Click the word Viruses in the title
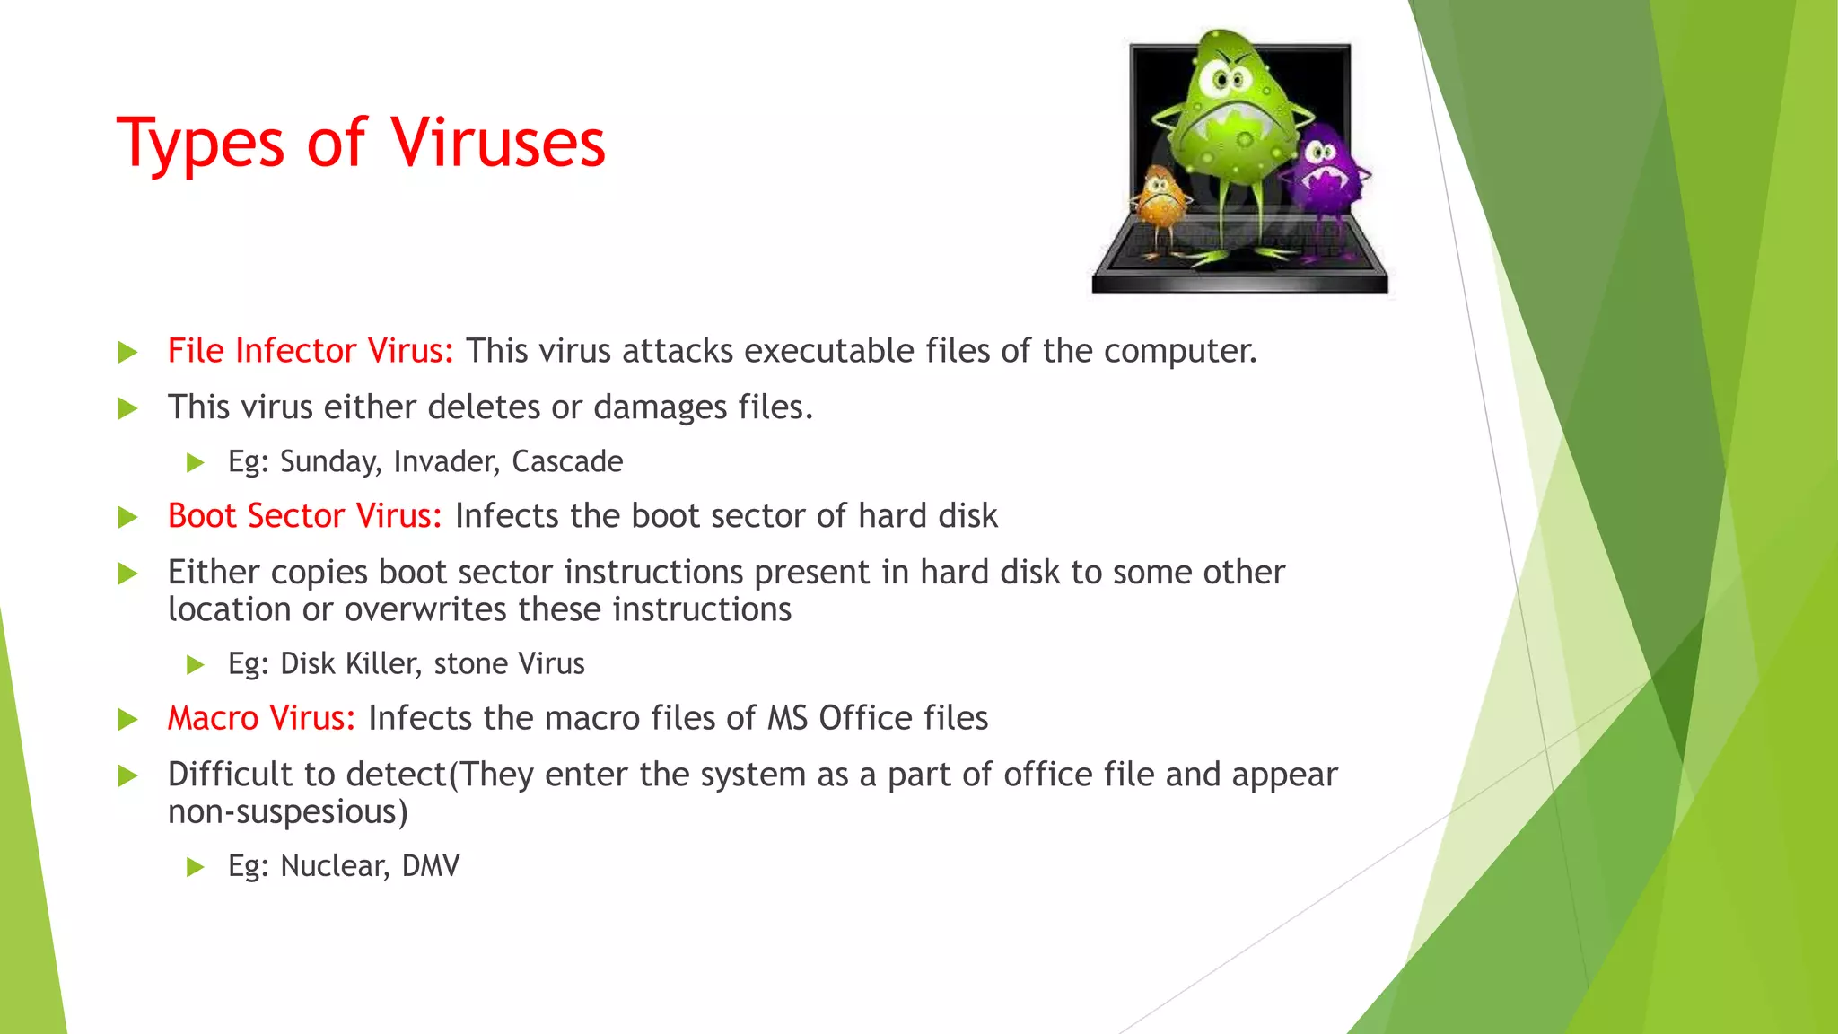[497, 144]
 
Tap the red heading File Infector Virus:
[311, 351]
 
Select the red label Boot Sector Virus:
[304, 516]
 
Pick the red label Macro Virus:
[261, 718]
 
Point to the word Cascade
[567, 461]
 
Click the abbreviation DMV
[431, 865]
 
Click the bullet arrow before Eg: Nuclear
[195, 867]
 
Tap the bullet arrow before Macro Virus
[127, 720]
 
